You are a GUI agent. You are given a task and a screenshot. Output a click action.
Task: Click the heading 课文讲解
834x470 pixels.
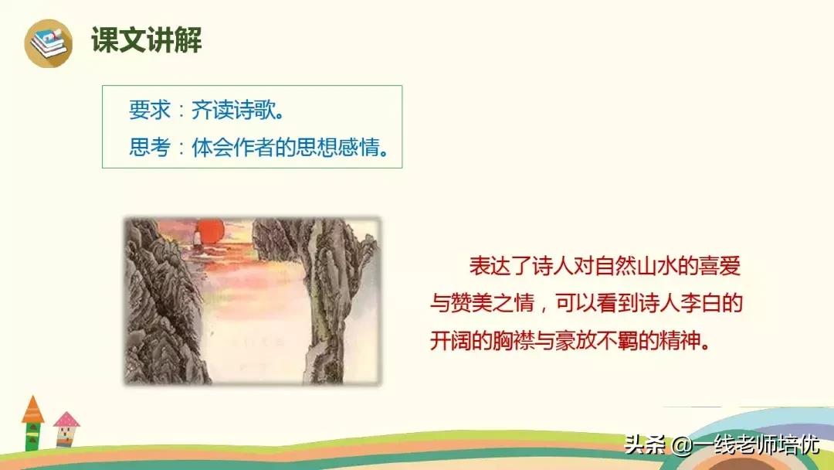coord(147,40)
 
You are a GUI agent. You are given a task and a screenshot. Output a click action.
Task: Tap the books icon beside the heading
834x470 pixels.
coord(48,42)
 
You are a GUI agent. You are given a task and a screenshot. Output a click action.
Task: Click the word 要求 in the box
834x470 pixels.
coord(149,110)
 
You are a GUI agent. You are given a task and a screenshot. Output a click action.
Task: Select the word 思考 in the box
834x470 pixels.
coord(149,147)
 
